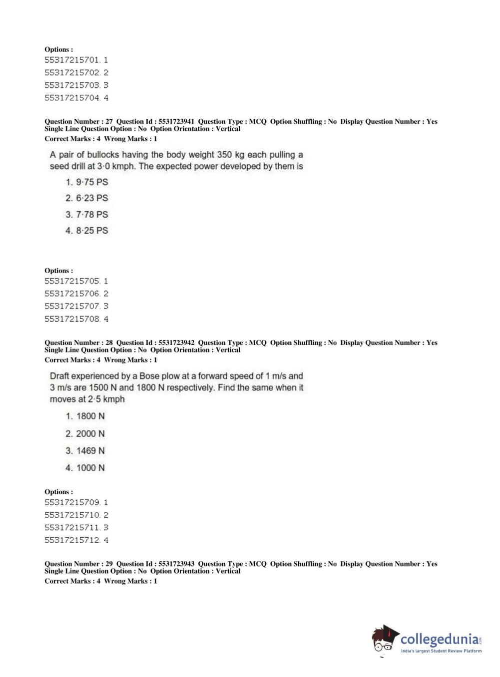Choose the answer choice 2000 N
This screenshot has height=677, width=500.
point(85,434)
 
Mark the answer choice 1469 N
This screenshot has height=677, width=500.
point(85,451)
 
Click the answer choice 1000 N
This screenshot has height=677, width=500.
point(85,468)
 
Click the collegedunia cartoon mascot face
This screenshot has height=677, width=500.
point(384,639)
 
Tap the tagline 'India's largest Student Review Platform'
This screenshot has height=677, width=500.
point(441,651)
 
